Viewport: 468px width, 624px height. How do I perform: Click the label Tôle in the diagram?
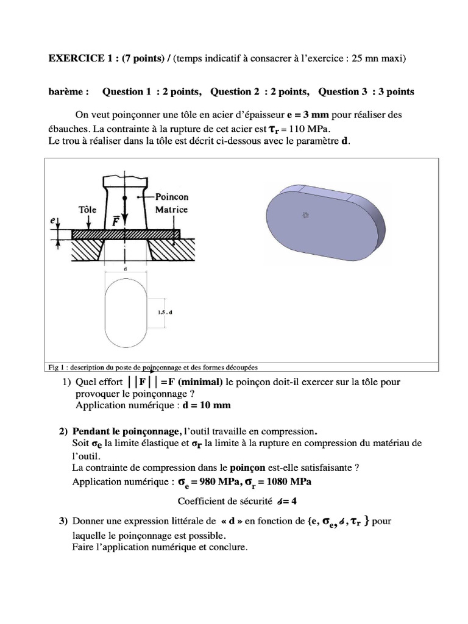click(88, 208)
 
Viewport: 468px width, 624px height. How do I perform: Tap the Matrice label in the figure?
click(172, 209)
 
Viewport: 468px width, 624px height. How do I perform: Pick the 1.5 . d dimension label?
click(164, 312)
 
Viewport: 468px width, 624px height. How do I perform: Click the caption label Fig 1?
click(55, 367)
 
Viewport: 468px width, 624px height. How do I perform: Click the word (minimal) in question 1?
click(200, 382)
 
